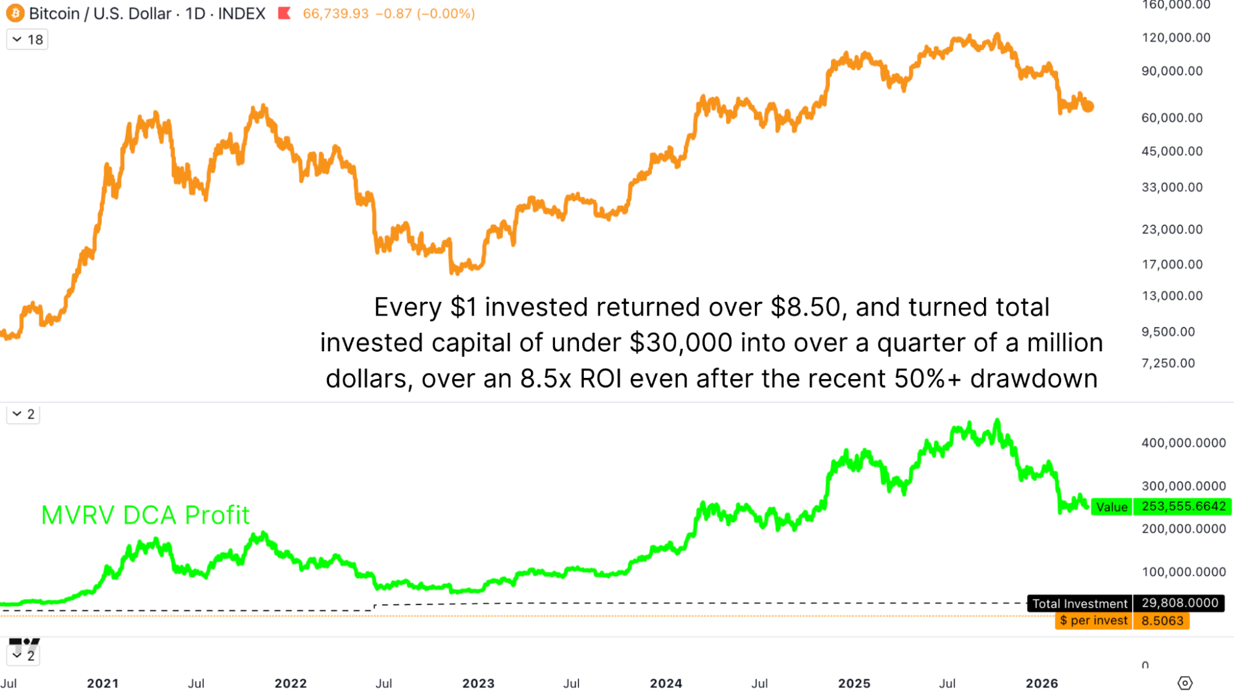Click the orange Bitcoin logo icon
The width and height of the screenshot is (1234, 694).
[x=15, y=13]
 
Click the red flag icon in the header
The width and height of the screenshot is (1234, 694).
[x=284, y=13]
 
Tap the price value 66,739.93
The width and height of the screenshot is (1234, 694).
[x=335, y=14]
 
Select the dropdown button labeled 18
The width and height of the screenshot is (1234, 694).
[x=27, y=40]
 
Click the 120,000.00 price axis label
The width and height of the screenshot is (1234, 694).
[x=1176, y=38]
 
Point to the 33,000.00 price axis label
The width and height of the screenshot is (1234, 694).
[x=1172, y=187]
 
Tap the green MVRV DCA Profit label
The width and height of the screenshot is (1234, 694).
[x=145, y=515]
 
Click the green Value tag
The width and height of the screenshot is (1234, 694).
[x=1112, y=507]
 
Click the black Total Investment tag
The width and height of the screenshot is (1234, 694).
[x=1080, y=603]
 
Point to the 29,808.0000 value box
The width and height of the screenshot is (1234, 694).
[x=1180, y=603]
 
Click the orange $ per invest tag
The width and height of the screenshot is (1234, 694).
[x=1093, y=621]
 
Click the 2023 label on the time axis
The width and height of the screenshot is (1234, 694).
[x=478, y=684]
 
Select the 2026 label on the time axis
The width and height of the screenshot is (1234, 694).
[x=1042, y=684]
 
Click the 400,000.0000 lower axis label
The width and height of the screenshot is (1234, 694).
[x=1183, y=443]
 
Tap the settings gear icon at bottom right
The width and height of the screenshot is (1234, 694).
[x=1185, y=683]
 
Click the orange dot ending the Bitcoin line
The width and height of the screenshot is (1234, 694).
[x=1088, y=107]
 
